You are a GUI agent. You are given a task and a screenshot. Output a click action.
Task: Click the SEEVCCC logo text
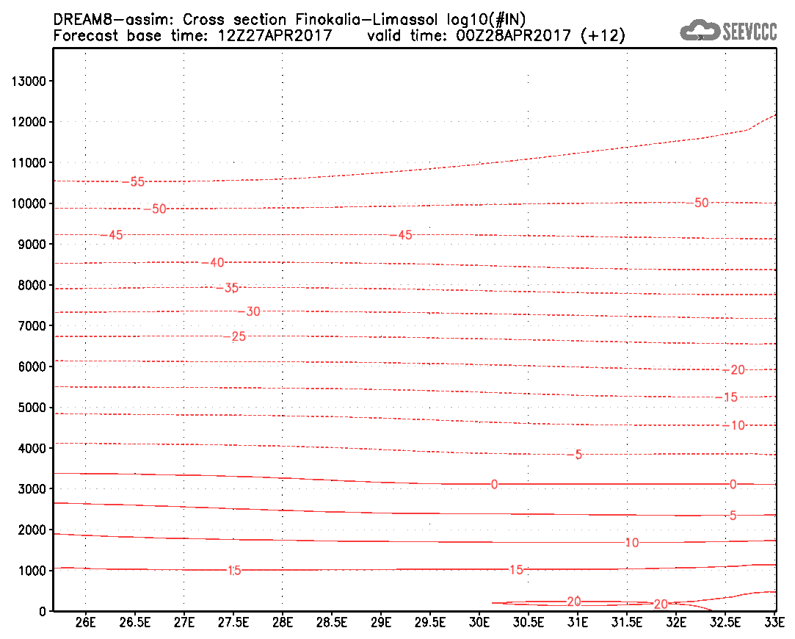tap(749, 32)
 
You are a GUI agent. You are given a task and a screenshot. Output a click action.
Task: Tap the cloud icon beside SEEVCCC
tap(700, 30)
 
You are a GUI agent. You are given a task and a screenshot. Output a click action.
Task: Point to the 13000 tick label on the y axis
tap(29, 81)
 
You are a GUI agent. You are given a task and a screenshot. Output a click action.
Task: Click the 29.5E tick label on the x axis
tap(430, 622)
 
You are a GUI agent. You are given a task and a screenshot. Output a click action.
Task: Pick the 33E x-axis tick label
tap(774, 622)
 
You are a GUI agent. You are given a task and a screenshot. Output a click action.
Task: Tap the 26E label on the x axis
tap(85, 622)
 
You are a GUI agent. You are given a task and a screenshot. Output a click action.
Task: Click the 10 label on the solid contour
tap(632, 543)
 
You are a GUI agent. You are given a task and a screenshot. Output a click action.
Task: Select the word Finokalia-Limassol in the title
tap(366, 20)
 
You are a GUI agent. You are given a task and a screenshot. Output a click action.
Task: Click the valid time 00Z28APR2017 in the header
tap(513, 35)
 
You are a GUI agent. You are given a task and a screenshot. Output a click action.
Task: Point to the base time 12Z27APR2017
tap(275, 35)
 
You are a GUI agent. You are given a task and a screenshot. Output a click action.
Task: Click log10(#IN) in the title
tap(486, 20)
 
